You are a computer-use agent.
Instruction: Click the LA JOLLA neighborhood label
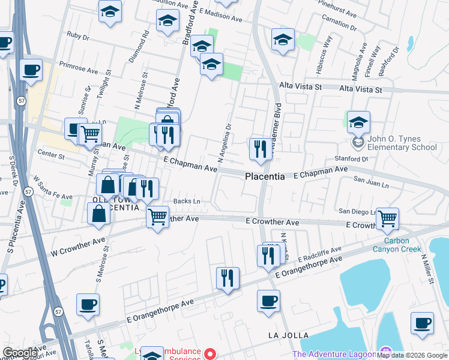tap(288, 335)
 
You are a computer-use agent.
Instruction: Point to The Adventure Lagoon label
tap(333, 354)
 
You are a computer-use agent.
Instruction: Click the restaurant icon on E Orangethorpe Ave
tap(227, 278)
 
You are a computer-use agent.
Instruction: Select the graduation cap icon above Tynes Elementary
tap(358, 122)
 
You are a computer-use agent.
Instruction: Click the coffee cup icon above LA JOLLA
tap(268, 299)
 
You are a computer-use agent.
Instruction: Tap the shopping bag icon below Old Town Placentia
tap(98, 214)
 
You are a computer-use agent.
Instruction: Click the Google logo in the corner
tap(20, 352)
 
